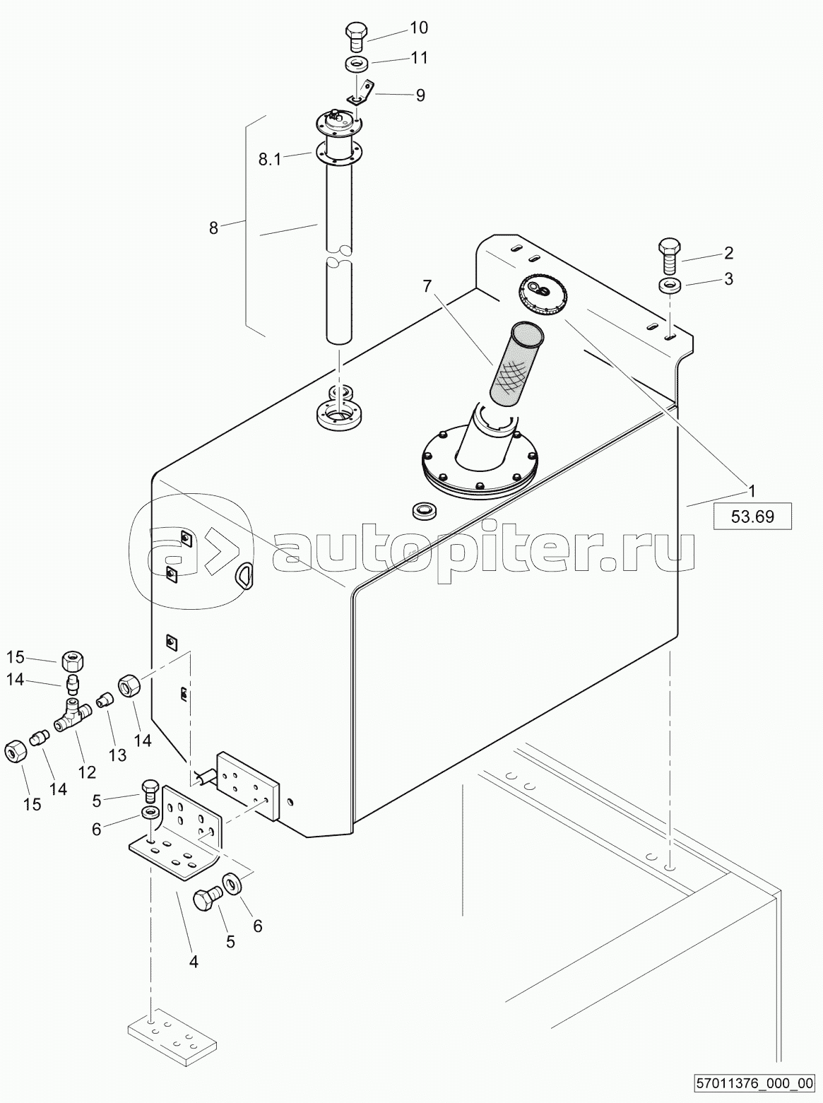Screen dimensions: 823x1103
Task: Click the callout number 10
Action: pyautogui.click(x=418, y=28)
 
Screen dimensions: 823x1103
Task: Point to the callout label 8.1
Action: pyautogui.click(x=270, y=160)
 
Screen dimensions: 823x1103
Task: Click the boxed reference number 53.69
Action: pyautogui.click(x=752, y=516)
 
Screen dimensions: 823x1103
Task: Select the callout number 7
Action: pyautogui.click(x=427, y=286)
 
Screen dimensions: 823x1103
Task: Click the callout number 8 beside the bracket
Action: pyautogui.click(x=214, y=229)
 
